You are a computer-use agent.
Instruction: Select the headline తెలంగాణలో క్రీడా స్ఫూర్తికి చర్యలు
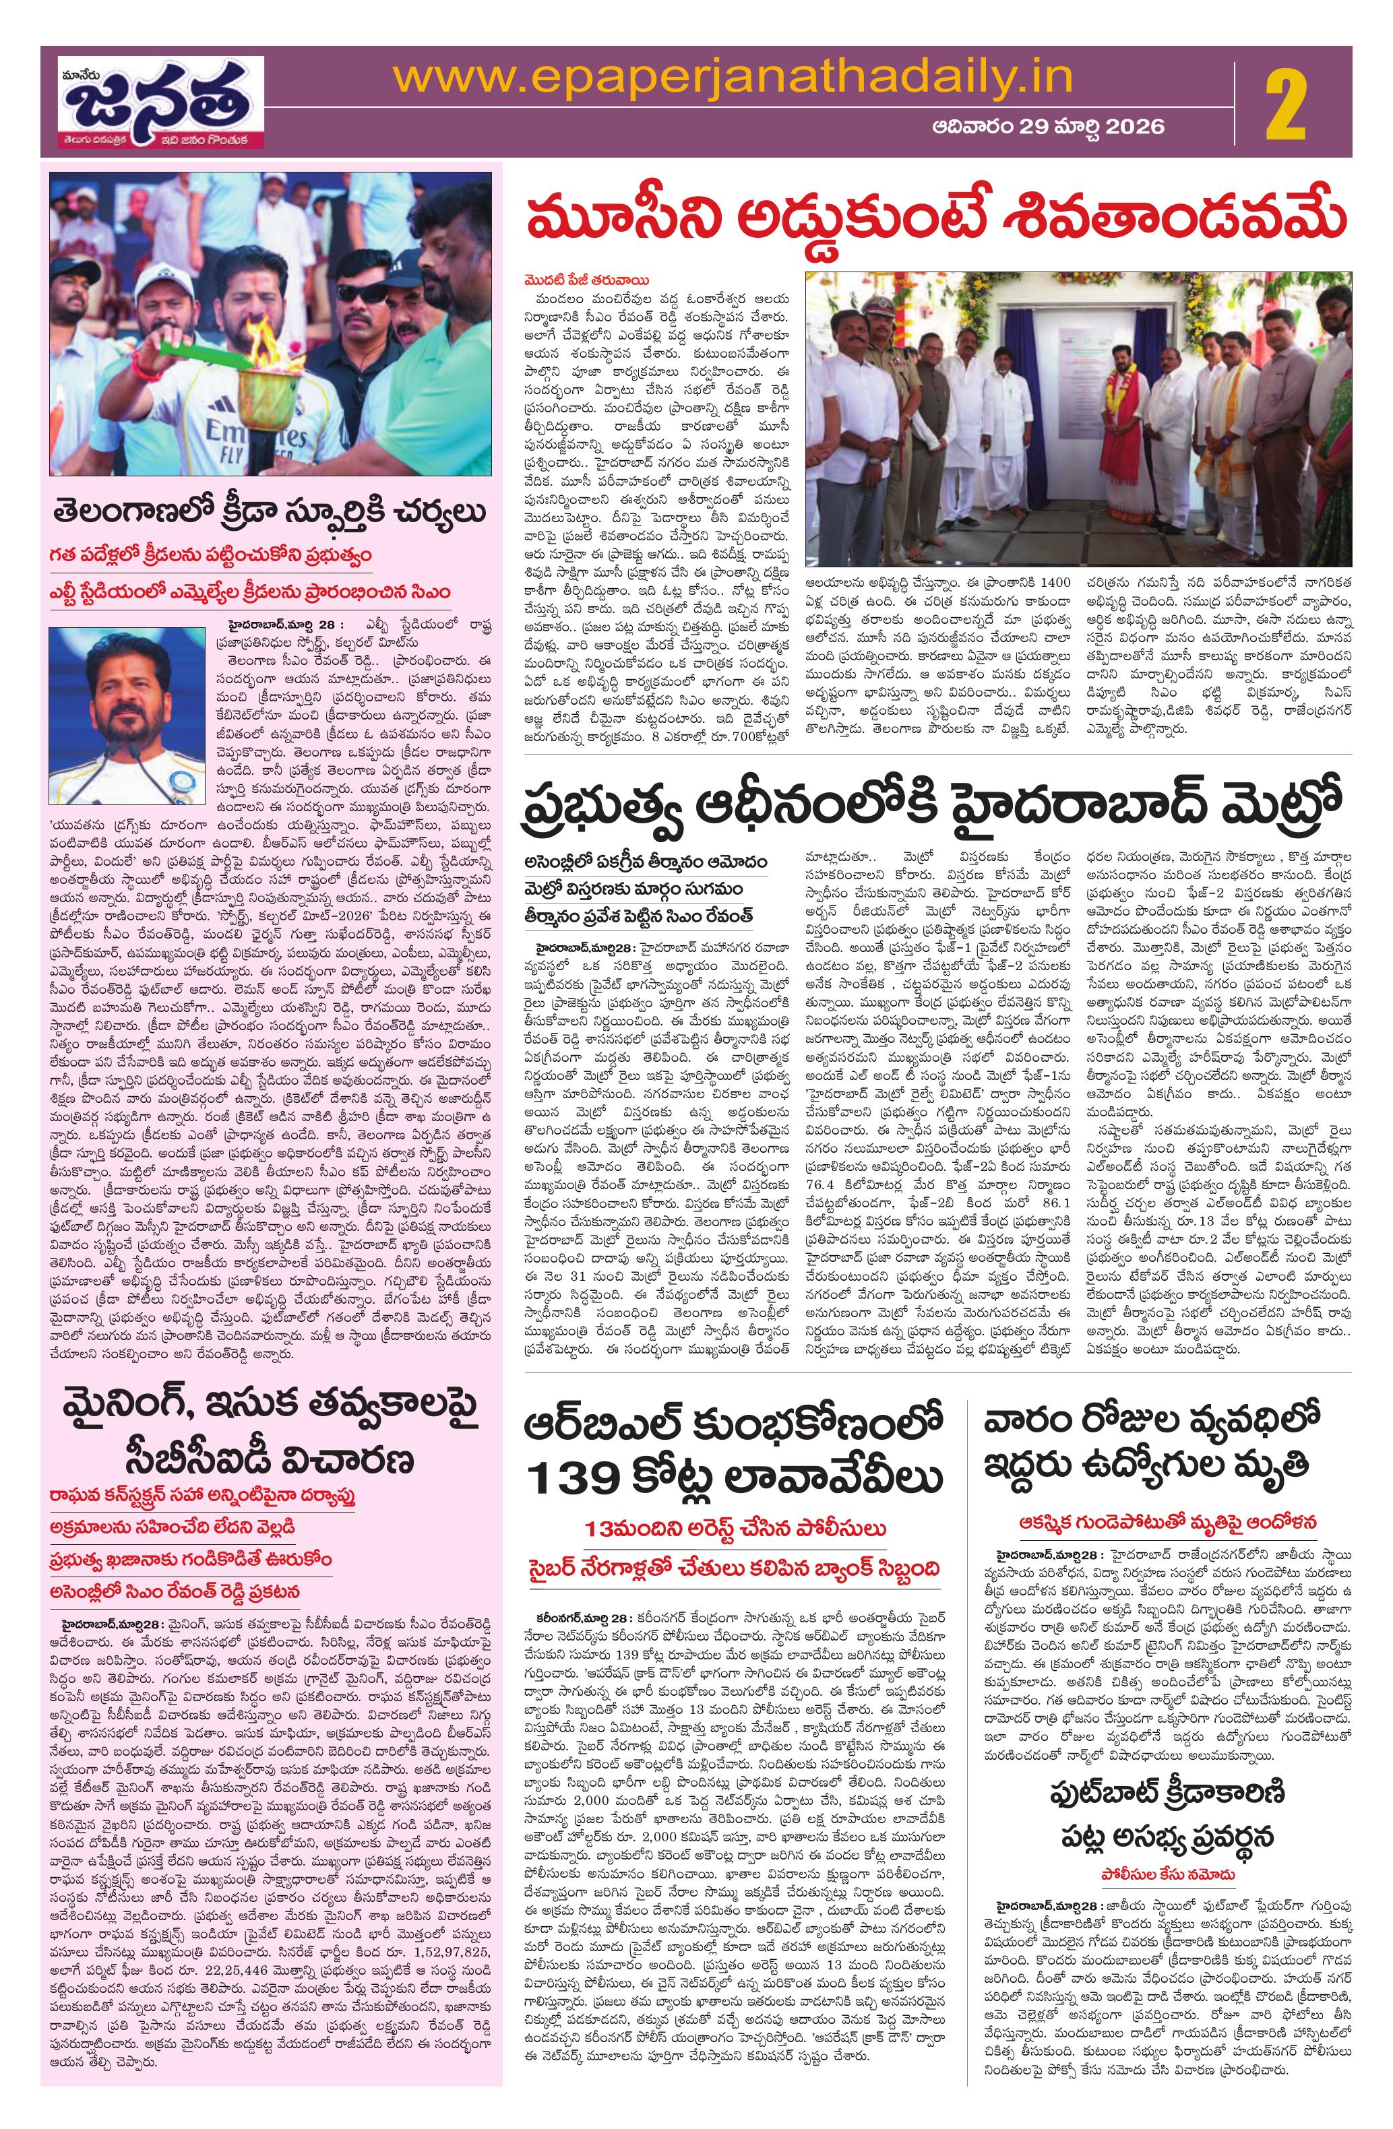270,514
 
